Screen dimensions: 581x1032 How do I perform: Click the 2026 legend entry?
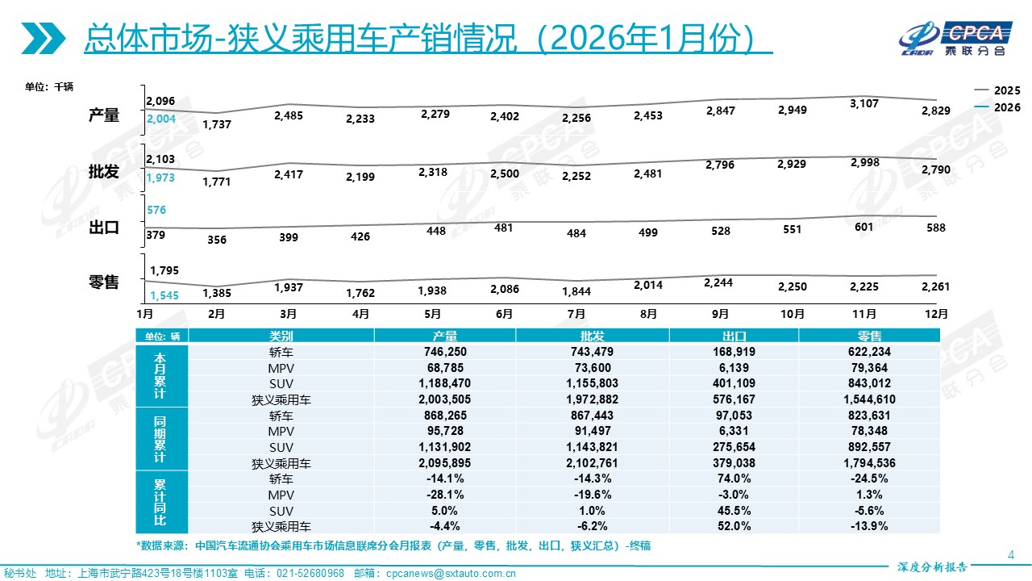click(997, 107)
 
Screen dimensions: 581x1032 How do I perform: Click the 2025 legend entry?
click(997, 90)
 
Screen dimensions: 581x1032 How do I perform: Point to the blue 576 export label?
click(156, 210)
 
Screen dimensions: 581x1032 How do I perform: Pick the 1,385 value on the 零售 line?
click(217, 293)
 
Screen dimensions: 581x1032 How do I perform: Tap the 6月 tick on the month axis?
click(504, 313)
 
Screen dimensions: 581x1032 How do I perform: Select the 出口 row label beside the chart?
click(104, 228)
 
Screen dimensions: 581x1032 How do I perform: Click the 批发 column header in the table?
click(592, 336)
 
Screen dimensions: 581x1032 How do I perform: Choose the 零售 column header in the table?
click(869, 336)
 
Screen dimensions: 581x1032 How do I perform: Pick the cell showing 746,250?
click(444, 352)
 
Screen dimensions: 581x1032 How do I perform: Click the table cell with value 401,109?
click(733, 383)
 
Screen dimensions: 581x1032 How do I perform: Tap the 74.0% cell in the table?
click(733, 479)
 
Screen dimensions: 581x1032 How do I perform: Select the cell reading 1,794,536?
click(869, 463)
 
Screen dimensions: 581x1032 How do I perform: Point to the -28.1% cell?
click(444, 495)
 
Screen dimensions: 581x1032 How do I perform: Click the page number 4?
click(1012, 554)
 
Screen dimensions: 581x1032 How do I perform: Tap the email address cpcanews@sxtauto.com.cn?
click(451, 573)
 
